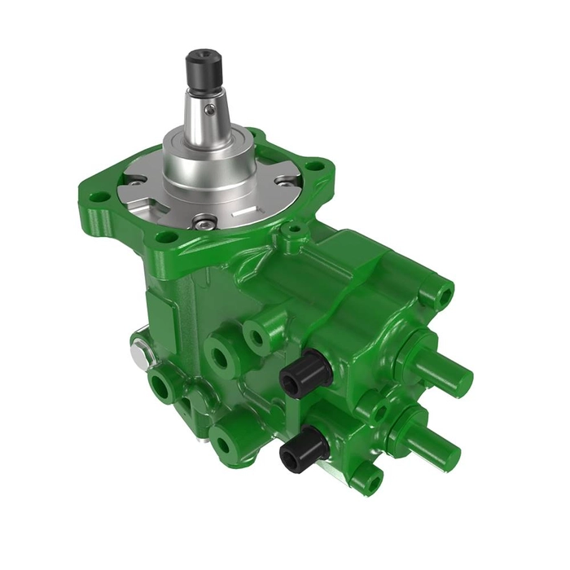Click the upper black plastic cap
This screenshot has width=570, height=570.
(x=304, y=376)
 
